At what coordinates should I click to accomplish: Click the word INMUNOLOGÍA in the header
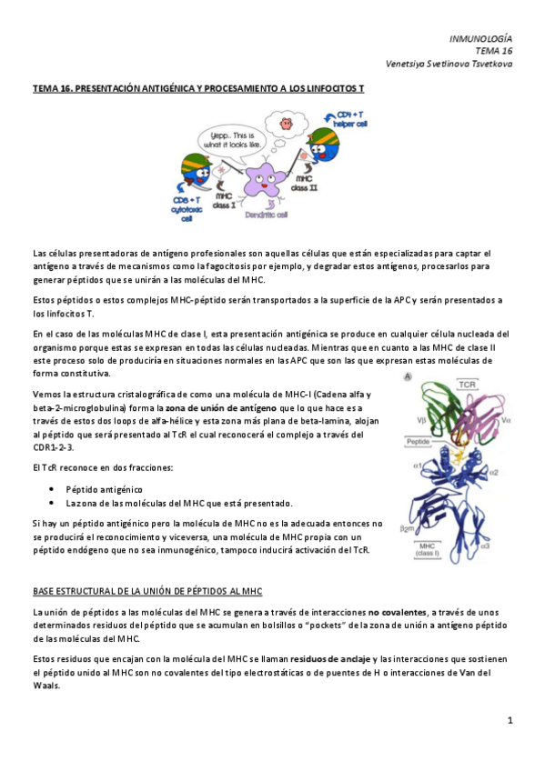click(480, 38)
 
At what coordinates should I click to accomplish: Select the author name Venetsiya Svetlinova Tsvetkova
click(449, 64)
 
